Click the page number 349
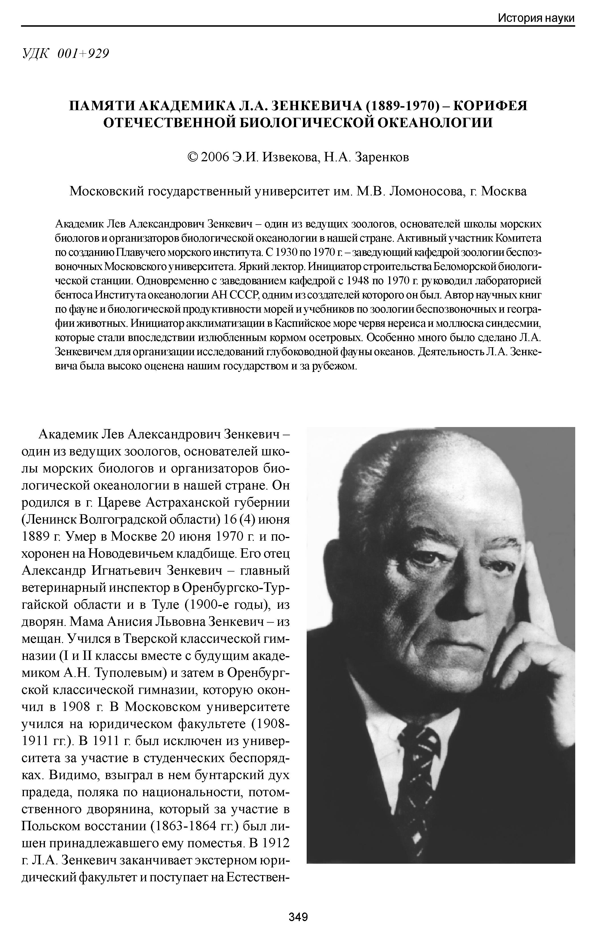[x=298, y=916]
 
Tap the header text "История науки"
[x=536, y=18]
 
